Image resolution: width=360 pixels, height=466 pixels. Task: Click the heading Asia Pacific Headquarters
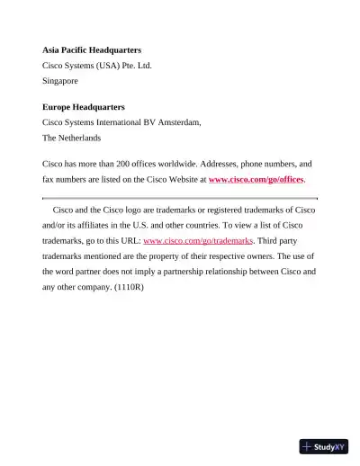pos(92,49)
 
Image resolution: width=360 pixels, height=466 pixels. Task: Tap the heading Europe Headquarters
pos(84,107)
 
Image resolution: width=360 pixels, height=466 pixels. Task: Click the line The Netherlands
pos(72,138)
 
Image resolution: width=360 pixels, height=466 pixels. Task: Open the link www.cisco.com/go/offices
pos(256,180)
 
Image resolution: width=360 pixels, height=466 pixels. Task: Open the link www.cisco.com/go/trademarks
pos(198,241)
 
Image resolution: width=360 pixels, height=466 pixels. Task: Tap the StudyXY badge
pos(324,446)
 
